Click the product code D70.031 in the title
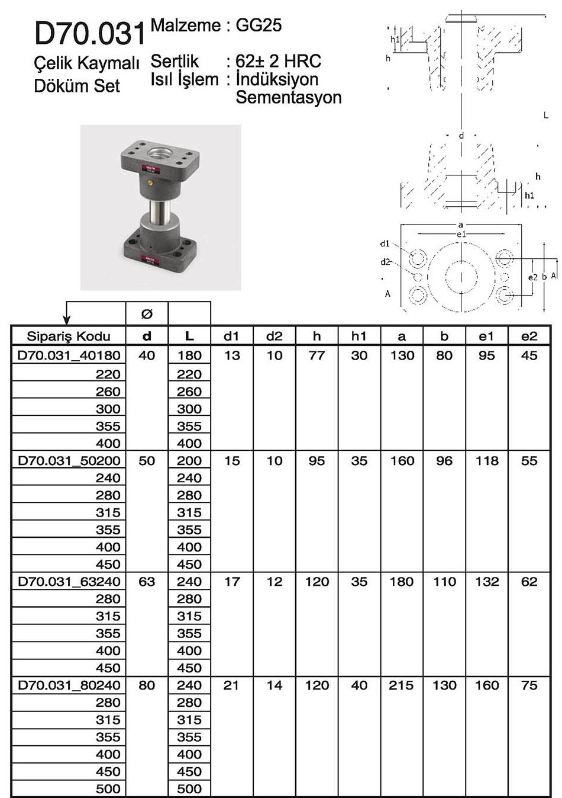89,34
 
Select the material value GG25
259,25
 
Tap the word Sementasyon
289,97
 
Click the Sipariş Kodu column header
69,336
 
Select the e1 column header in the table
486,336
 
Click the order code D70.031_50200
69,461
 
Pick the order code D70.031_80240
69,685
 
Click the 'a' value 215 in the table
402,685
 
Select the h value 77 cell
316,355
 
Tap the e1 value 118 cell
486,461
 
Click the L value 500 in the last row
189,789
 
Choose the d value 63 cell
147,582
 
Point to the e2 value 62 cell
529,582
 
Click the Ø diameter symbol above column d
147,313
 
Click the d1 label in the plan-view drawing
385,243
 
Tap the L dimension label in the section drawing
546,116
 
